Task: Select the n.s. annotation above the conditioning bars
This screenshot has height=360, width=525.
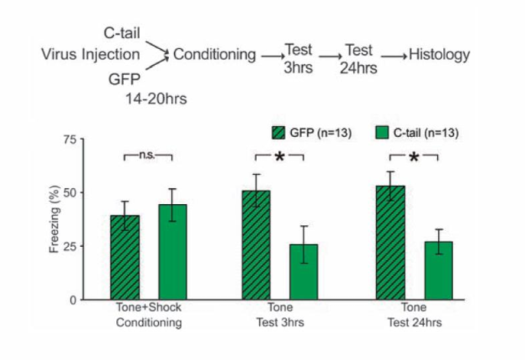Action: (x=147, y=154)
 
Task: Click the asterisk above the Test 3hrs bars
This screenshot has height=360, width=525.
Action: (x=280, y=157)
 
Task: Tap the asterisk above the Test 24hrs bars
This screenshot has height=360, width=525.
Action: (x=413, y=157)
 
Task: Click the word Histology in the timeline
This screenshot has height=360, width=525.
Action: (x=439, y=54)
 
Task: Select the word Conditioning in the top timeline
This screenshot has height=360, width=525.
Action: (x=215, y=54)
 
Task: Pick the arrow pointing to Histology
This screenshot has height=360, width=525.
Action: (x=392, y=55)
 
